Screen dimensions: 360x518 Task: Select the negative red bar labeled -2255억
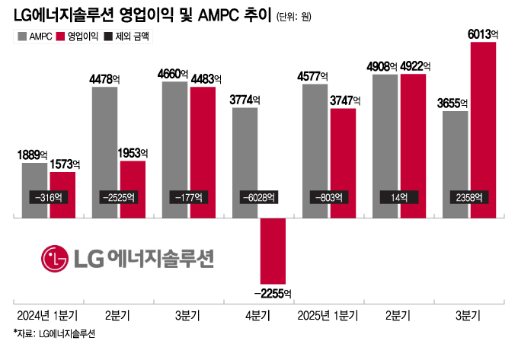click(273, 251)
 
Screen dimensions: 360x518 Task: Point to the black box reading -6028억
click(259, 197)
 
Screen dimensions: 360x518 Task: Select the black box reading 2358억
click(468, 197)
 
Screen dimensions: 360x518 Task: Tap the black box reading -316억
click(49, 197)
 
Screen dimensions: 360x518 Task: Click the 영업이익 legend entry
click(77, 37)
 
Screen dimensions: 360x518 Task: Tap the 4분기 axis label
click(259, 315)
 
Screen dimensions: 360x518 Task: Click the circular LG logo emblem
click(54, 259)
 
